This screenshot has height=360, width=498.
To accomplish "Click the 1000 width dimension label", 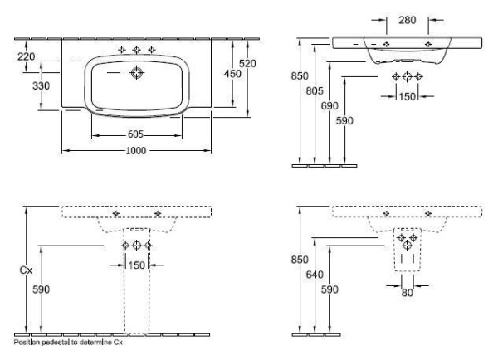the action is (136, 150).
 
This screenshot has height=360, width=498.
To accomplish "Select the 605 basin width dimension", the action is (135, 134).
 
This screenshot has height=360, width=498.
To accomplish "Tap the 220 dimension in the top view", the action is (26, 57).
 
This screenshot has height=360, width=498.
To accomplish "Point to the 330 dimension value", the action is (41, 85).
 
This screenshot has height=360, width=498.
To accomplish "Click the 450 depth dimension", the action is (232, 74).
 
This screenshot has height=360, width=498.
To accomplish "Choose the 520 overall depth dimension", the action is (247, 64).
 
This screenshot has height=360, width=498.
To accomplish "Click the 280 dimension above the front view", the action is (408, 20).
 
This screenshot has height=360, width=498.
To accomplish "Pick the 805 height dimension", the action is (315, 91).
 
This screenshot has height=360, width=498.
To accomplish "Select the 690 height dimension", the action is (330, 106).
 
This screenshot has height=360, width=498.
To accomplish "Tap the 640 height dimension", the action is (315, 275).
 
